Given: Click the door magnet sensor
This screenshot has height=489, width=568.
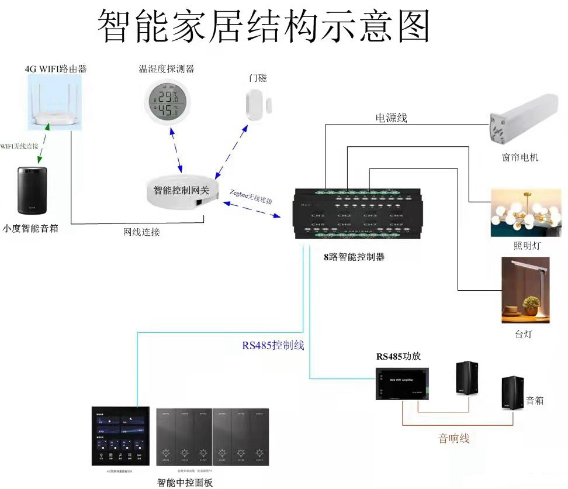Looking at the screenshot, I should pos(258,105).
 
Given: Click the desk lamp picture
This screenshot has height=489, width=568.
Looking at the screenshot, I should pos(525,290).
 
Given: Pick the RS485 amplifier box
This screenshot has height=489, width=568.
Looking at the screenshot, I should pos(403,384).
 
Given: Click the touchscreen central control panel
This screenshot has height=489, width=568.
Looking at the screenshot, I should pos(120,436).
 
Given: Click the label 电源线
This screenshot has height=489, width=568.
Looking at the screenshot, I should pos(391,118).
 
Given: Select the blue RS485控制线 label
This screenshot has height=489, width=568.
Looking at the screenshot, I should pos(273,345).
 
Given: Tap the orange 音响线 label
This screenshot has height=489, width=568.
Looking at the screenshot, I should pos(454,438).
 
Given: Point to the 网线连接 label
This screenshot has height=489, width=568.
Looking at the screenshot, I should pos(141,232).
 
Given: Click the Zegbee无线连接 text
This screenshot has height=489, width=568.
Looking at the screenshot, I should pos(251,197).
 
